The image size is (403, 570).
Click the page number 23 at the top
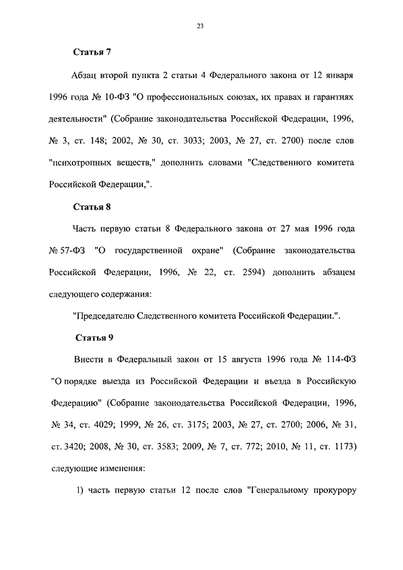coord(201,26)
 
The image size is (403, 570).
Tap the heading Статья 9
coord(94,338)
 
